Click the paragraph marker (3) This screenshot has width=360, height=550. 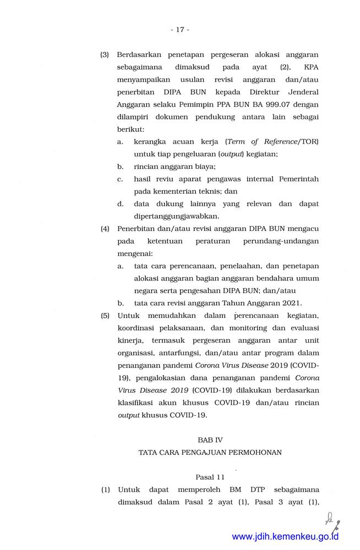(105, 55)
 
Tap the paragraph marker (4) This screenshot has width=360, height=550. (105, 228)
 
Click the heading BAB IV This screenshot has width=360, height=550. (210, 440)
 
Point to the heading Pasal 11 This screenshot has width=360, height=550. (210, 476)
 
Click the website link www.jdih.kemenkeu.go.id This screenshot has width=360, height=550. (285, 536)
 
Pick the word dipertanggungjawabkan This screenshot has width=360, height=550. (176, 216)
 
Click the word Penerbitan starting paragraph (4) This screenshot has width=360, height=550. (137, 228)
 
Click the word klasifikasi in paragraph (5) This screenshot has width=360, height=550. (137, 403)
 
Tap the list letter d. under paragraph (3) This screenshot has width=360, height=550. (120, 204)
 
